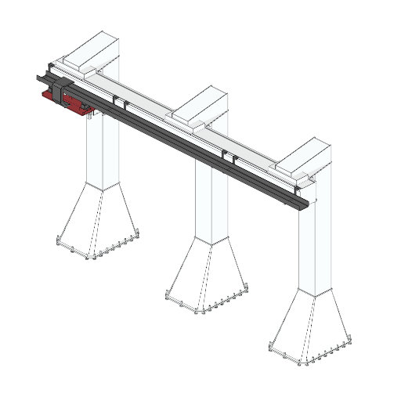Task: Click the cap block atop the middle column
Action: (x=200, y=106)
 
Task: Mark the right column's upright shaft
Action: (x=314, y=251)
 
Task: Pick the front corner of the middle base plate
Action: (x=200, y=312)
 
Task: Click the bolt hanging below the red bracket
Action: (x=91, y=119)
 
